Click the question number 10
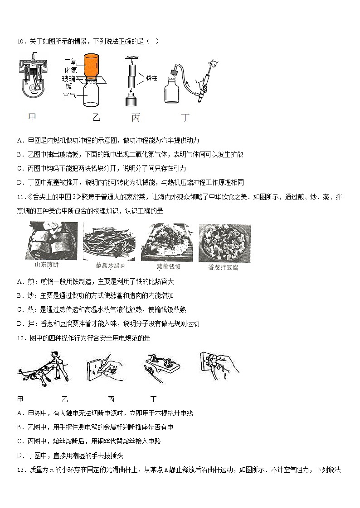point(20,42)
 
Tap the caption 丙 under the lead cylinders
point(136,118)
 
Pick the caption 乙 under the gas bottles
point(96,118)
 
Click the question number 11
point(20,197)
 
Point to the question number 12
point(20,337)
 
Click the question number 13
point(20,470)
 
